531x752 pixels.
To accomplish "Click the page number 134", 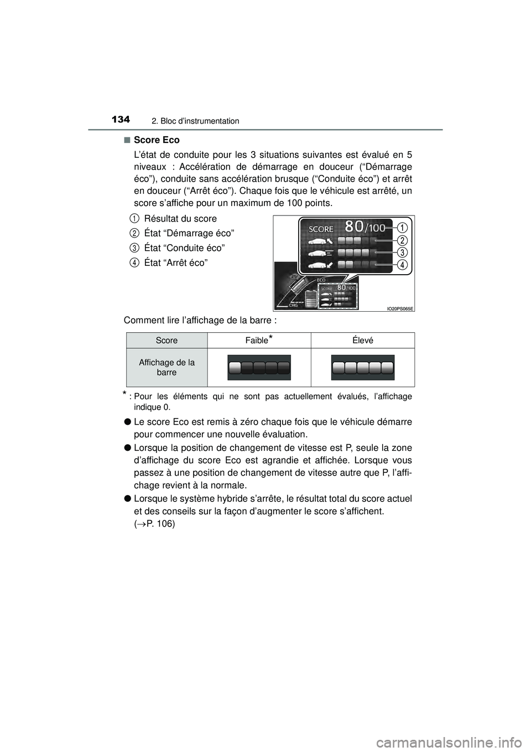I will tap(120, 120).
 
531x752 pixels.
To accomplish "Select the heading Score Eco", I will tap(157, 140).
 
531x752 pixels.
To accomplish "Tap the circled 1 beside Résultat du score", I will tap(135, 218).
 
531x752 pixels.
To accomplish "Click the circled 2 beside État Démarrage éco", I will tap(135, 233).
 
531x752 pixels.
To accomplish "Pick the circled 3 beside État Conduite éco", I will tap(135, 248).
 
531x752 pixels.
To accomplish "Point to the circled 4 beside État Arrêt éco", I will tap(135, 262).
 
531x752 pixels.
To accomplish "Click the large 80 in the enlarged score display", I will tap(353, 227).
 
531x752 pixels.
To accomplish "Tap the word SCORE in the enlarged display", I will tap(321, 229).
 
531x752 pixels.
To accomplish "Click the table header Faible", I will tap(259, 341).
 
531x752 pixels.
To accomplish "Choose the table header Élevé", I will tap(363, 341).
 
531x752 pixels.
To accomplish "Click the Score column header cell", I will tap(166, 341).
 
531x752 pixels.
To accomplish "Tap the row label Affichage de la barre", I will tap(166, 367).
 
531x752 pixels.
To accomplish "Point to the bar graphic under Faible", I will tap(259, 368).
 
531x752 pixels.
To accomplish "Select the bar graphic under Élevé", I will tap(363, 368).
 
